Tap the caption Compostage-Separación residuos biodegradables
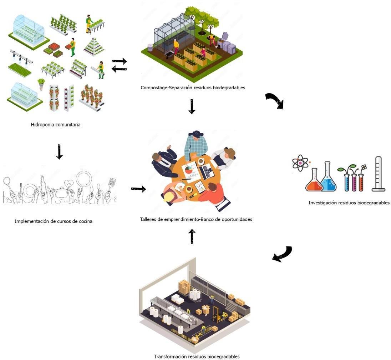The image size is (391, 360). click(193, 87)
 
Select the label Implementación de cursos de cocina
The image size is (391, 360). click(54, 221)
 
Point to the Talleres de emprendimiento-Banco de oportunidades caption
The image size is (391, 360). click(196, 219)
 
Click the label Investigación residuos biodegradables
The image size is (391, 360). click(349, 203)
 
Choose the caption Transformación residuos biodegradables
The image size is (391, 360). click(197, 356)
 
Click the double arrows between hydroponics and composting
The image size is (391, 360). click(119, 65)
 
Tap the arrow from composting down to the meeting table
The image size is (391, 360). click(192, 107)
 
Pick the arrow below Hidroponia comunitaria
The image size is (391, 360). click(59, 152)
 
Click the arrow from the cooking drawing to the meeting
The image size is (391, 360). click(138, 189)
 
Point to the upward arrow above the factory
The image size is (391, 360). click(192, 236)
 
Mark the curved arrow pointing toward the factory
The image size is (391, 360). click(282, 254)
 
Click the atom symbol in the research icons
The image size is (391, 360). click(300, 163)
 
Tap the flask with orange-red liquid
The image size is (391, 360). click(314, 181)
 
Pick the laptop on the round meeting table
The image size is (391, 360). click(207, 172)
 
